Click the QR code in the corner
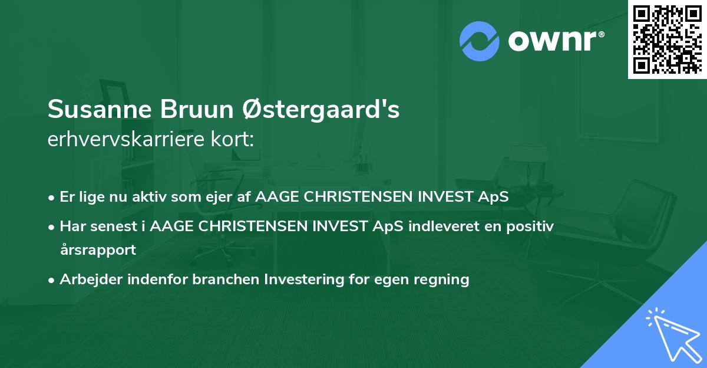pyautogui.click(x=666, y=39)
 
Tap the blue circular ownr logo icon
pyautogui.click(x=480, y=41)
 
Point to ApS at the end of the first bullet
pyautogui.click(x=494, y=198)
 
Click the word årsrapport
pyautogui.click(x=98, y=249)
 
